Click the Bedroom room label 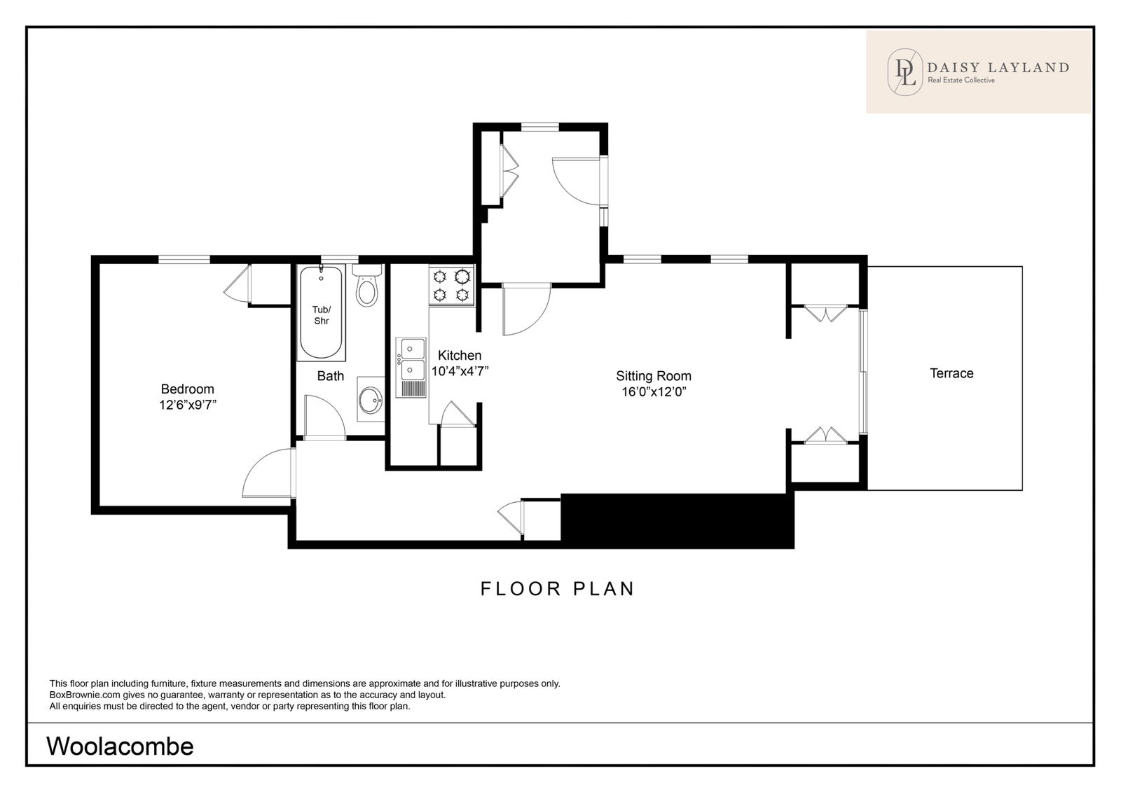(187, 389)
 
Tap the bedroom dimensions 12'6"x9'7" (188, 405)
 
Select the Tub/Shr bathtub (321, 312)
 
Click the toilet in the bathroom (367, 286)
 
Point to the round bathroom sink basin (371, 400)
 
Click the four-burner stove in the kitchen (451, 285)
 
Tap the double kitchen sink (411, 368)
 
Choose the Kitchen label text (460, 355)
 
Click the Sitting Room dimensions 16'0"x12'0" (653, 391)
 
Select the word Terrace (951, 373)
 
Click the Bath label (330, 376)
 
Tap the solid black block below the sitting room (677, 520)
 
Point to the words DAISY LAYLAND (998, 67)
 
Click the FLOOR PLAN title (558, 589)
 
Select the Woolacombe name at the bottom (120, 746)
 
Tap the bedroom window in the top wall (184, 259)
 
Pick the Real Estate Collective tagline (961, 80)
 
